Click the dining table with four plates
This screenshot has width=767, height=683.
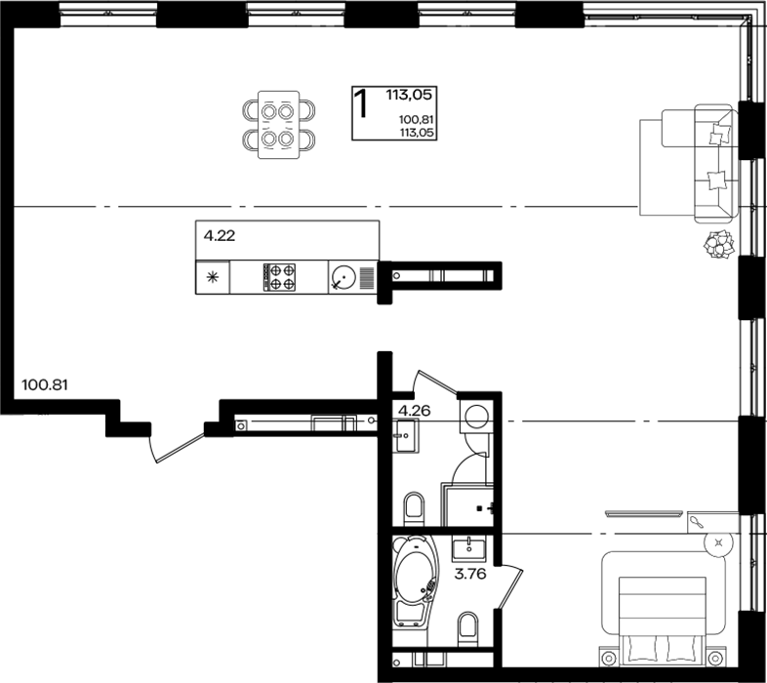[x=278, y=125]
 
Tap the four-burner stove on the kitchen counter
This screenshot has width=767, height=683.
[x=279, y=277]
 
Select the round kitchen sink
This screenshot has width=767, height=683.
[x=343, y=277]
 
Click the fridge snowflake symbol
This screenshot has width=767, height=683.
[x=213, y=278]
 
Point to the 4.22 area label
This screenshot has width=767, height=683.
[x=220, y=236]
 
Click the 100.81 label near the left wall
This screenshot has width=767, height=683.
[x=45, y=385]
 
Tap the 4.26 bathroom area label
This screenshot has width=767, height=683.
[x=415, y=411]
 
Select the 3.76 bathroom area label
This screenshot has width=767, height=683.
[x=470, y=574]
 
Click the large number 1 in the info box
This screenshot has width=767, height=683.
[x=361, y=103]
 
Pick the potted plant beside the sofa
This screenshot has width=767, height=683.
[x=719, y=244]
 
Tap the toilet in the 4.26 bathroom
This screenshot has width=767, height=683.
[x=414, y=507]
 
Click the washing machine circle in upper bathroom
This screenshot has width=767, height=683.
[x=476, y=418]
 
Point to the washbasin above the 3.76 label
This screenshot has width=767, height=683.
[x=469, y=548]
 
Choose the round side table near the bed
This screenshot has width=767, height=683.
[x=718, y=542]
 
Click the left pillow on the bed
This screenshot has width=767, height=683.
[x=644, y=647]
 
